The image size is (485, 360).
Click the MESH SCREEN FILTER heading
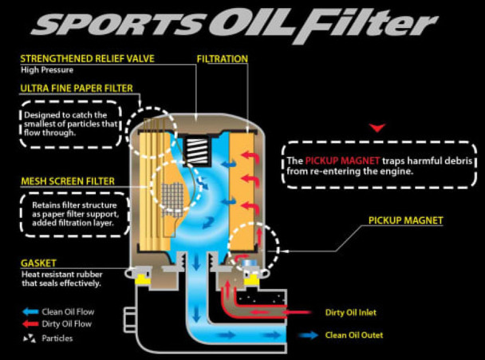point(68,181)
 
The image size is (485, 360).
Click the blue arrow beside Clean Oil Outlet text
point(307,336)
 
